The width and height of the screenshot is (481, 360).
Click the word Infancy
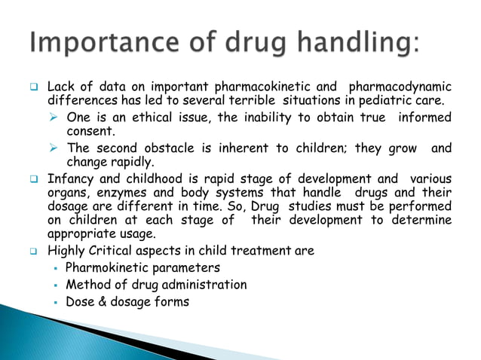pyautogui.click(x=72, y=179)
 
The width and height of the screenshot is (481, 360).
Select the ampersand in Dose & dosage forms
pyautogui.click(x=101, y=302)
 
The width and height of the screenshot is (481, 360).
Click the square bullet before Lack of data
pyautogui.click(x=35, y=88)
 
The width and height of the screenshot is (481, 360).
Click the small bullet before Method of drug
pyautogui.click(x=55, y=285)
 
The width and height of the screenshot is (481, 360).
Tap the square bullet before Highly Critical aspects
pyautogui.click(x=35, y=252)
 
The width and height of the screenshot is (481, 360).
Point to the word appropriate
pyautogui.click(x=81, y=233)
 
